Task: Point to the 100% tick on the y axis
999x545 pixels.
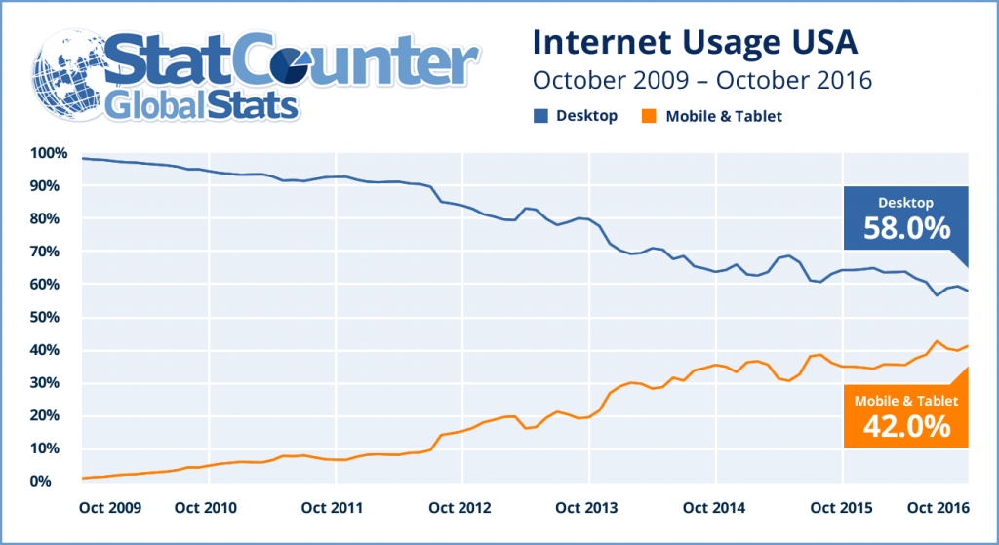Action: pyautogui.click(x=48, y=153)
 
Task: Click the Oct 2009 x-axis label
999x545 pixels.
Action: pyautogui.click(x=109, y=508)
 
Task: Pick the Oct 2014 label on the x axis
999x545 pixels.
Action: pyautogui.click(x=715, y=508)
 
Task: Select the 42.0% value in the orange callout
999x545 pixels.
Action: pyautogui.click(x=906, y=425)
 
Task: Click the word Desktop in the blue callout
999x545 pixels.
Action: pyautogui.click(x=906, y=203)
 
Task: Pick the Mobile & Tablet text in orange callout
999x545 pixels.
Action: pyautogui.click(x=906, y=401)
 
